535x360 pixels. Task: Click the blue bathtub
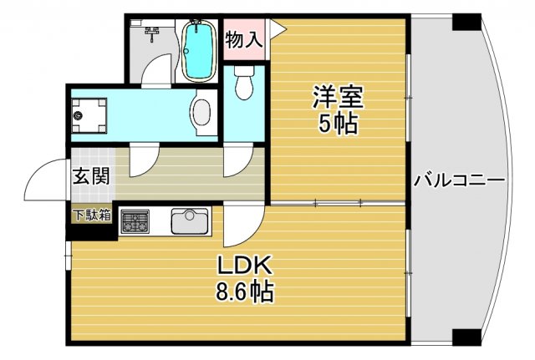point(198,51)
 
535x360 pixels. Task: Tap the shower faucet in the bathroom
point(151,35)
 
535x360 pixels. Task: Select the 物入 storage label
point(244,39)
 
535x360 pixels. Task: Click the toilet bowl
point(244,84)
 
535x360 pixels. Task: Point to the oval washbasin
point(201,114)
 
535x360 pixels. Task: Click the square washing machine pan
point(89,115)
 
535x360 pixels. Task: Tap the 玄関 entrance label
point(87,177)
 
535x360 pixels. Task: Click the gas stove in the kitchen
point(135,222)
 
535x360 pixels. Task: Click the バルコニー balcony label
point(457,179)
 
